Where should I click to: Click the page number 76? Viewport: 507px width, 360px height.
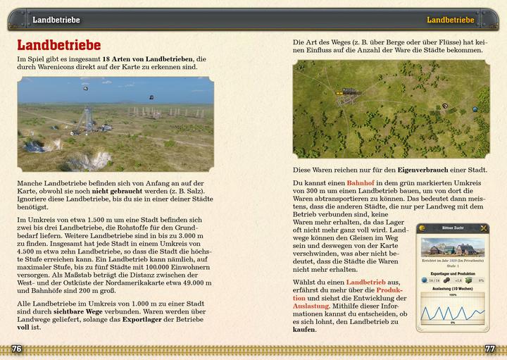(17, 349)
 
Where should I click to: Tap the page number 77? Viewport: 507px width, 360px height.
(490, 349)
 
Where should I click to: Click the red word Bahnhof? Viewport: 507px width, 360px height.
(361, 182)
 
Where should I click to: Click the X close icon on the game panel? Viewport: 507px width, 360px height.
(484, 228)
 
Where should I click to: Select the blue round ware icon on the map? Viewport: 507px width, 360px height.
(475, 109)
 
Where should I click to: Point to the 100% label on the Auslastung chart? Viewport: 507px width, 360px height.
(453, 294)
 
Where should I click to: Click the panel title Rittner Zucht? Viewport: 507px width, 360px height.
(453, 228)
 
